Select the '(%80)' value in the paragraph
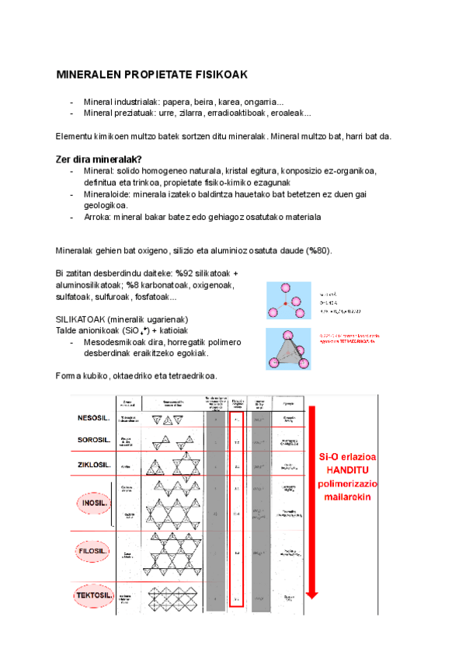pos(318,250)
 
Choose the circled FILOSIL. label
pos(92,552)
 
